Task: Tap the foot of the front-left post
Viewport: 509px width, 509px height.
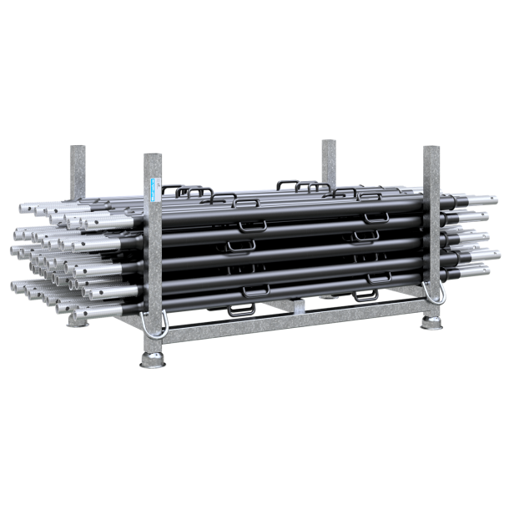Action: (153, 361)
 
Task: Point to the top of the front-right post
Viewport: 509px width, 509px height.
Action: (431, 148)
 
